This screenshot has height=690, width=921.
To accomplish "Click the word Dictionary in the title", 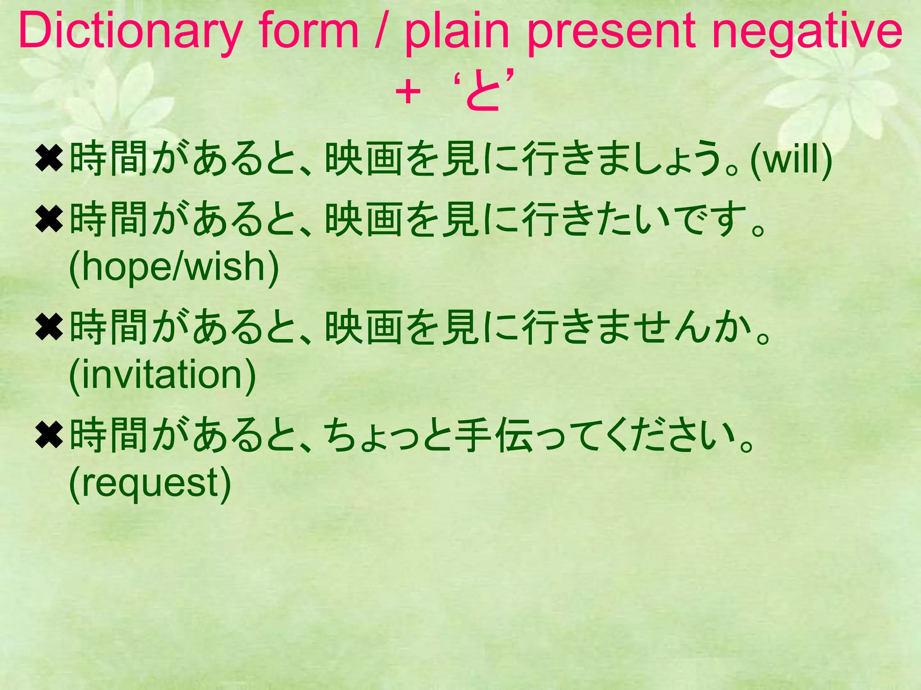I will [130, 31].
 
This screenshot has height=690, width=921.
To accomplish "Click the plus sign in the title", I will [407, 93].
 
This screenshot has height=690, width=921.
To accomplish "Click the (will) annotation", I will [791, 159].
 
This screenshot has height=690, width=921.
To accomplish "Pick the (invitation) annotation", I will [162, 375].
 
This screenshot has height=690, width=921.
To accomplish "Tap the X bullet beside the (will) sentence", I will [49, 159].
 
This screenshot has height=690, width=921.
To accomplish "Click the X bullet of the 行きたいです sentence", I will [49, 220].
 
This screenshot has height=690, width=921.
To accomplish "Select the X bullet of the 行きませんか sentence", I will [49, 327].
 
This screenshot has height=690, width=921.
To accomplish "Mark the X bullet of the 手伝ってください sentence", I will [49, 435].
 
